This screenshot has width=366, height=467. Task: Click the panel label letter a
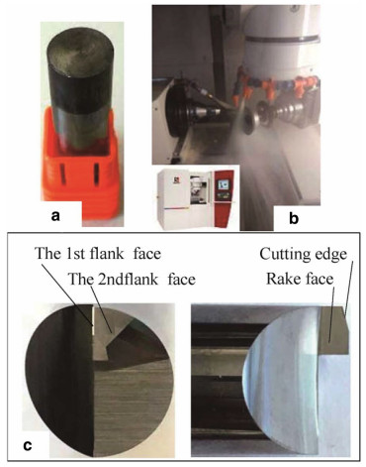(55, 216)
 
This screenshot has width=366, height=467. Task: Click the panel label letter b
(294, 218)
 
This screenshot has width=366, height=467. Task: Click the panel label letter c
(28, 446)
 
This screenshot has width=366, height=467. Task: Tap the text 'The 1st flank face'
(98, 254)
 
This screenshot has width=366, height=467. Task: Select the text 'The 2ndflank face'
(132, 280)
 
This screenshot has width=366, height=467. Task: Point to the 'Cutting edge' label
(304, 255)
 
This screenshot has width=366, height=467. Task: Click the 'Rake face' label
(300, 279)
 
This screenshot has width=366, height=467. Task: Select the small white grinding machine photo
(196, 198)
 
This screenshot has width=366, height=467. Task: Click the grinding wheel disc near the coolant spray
(250, 117)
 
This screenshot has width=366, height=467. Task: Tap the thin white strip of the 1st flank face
(93, 320)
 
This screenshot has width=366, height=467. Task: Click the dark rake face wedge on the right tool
(333, 330)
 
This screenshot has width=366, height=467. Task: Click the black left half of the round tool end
(61, 377)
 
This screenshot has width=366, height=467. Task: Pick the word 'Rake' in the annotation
(282, 279)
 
